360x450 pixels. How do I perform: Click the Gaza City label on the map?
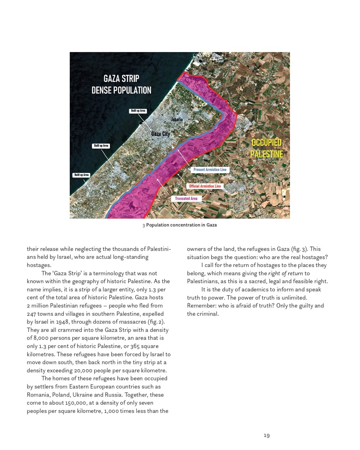click(x=160, y=134)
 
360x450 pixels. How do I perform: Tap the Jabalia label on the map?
click(x=177, y=119)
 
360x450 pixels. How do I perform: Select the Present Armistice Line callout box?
click(x=210, y=170)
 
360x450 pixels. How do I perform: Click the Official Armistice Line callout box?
click(x=205, y=186)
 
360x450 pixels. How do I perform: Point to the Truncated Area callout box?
click(x=186, y=198)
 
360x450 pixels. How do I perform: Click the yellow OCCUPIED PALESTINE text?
click(x=266, y=148)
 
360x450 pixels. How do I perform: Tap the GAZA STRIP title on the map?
click(x=121, y=79)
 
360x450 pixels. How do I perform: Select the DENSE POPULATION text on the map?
click(x=121, y=90)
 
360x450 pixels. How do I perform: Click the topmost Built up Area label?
click(x=138, y=111)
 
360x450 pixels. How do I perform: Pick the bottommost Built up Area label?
click(x=81, y=175)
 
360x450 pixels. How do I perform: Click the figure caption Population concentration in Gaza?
click(x=181, y=225)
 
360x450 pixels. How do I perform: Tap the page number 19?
click(x=267, y=435)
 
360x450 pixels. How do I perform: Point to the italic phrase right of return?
click(x=286, y=273)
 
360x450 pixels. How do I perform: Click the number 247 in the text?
click(x=31, y=314)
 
